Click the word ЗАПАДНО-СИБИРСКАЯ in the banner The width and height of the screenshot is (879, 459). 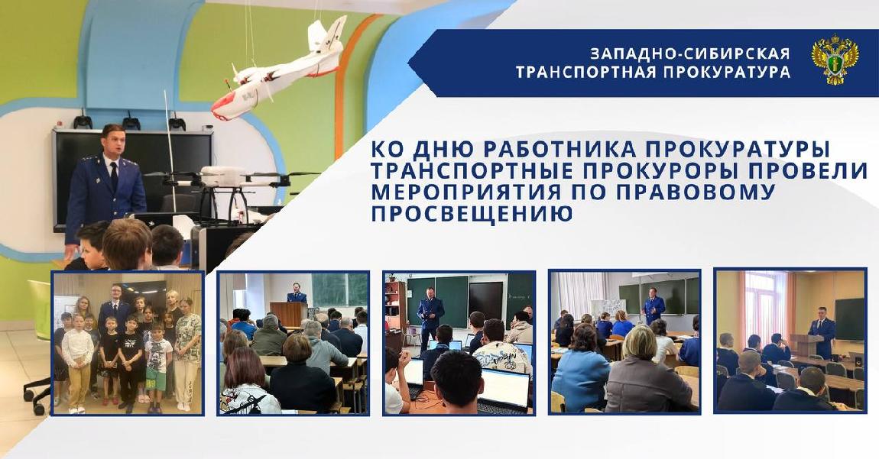coord(690,53)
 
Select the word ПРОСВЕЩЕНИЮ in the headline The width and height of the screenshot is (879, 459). coord(472,214)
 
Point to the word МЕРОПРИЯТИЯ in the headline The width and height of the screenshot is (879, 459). coord(465,192)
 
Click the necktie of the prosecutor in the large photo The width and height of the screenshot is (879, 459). coord(114,176)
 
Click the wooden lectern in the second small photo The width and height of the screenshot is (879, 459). coord(289,314)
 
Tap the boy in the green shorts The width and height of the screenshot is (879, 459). coord(158,365)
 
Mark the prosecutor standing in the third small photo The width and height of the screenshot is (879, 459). coord(430,315)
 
